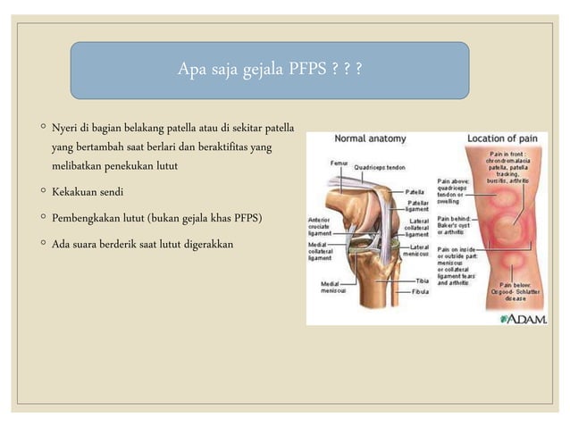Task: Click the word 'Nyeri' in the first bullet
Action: tap(65, 127)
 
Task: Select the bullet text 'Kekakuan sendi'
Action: tap(88, 192)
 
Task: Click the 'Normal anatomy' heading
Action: tap(369, 139)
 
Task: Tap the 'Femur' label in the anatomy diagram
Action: tap(339, 163)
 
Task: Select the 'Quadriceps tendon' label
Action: tap(379, 166)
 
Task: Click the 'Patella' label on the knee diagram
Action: tap(415, 191)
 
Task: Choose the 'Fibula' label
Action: tap(420, 291)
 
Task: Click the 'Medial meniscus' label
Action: tap(323, 288)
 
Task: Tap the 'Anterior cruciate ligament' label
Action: tap(320, 224)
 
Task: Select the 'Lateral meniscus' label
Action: tap(416, 251)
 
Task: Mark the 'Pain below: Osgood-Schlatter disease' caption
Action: tap(516, 290)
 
